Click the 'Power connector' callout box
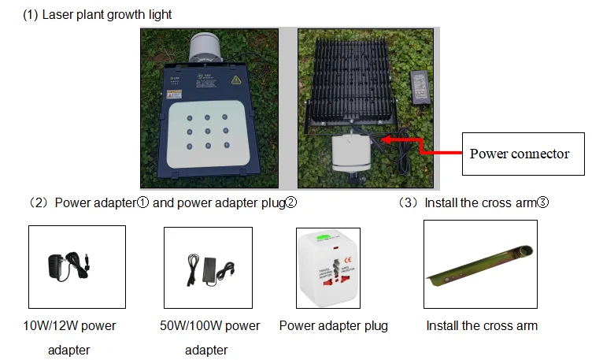(520, 154)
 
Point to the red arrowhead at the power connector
(385, 139)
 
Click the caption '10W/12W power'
(69, 326)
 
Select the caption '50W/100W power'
(209, 326)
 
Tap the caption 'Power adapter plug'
(333, 326)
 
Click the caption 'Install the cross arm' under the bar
(482, 326)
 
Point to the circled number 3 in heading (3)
(542, 202)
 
